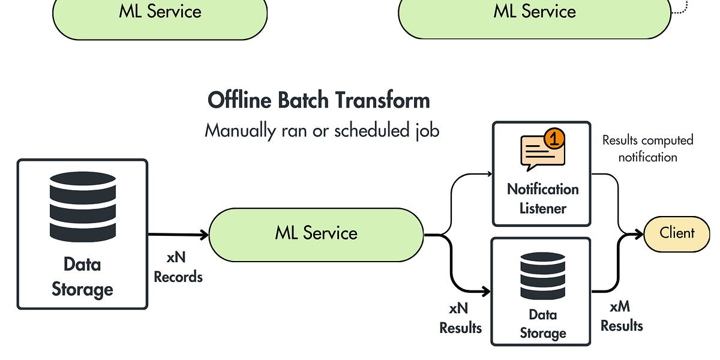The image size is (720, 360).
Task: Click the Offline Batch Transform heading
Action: pyautogui.click(x=319, y=100)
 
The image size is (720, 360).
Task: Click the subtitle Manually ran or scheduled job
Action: pyautogui.click(x=322, y=130)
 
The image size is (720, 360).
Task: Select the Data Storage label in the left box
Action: pyautogui.click(x=82, y=277)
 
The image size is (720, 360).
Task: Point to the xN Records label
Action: pyautogui.click(x=178, y=267)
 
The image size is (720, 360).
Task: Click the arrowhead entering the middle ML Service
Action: pyautogui.click(x=204, y=235)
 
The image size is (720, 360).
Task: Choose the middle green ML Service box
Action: pyautogui.click(x=316, y=234)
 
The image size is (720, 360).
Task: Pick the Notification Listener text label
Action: pyautogui.click(x=542, y=199)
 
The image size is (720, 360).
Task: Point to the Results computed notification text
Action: pyautogui.click(x=647, y=148)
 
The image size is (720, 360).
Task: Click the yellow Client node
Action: pyautogui.click(x=676, y=233)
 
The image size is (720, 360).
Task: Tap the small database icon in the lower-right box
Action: pyautogui.click(x=542, y=275)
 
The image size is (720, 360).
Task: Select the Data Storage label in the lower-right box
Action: pyautogui.click(x=542, y=323)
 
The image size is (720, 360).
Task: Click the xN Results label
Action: pyautogui.click(x=460, y=318)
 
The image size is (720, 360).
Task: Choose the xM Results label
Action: pyautogui.click(x=622, y=316)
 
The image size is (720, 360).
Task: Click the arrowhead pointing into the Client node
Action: pyautogui.click(x=640, y=234)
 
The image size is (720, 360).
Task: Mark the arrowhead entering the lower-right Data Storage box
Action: pyautogui.click(x=487, y=292)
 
